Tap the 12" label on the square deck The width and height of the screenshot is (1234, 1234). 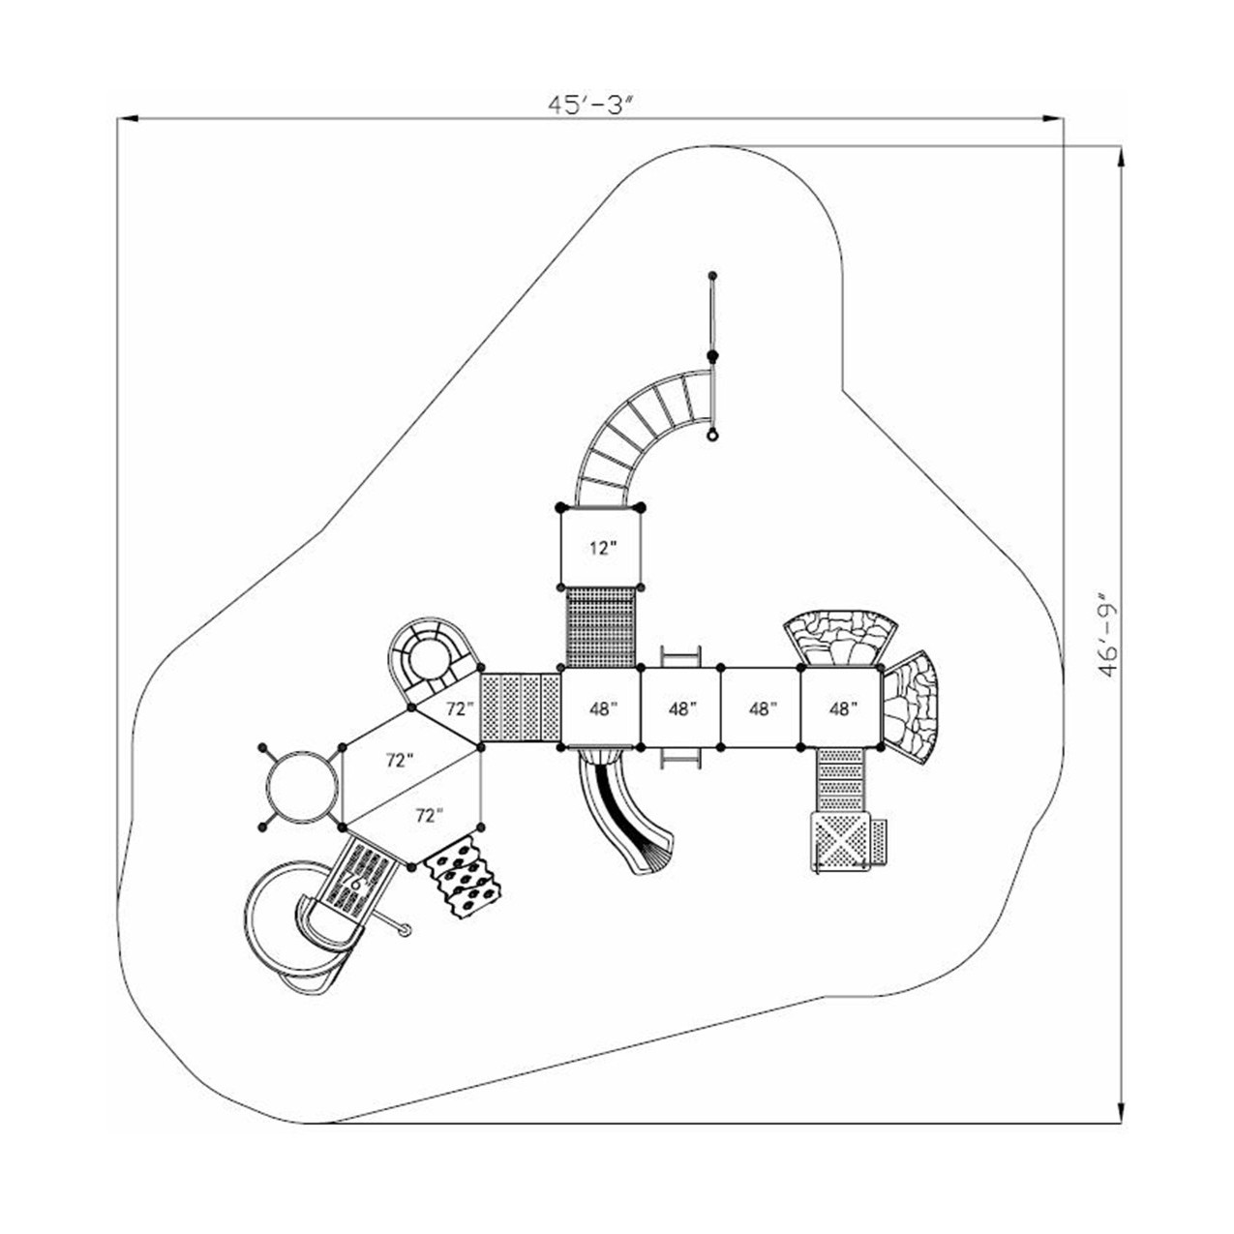pyautogui.click(x=603, y=548)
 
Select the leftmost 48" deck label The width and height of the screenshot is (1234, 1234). pyautogui.click(x=603, y=708)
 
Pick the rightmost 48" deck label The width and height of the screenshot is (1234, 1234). pyautogui.click(x=843, y=708)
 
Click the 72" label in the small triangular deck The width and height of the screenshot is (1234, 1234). pyautogui.click(x=459, y=708)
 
